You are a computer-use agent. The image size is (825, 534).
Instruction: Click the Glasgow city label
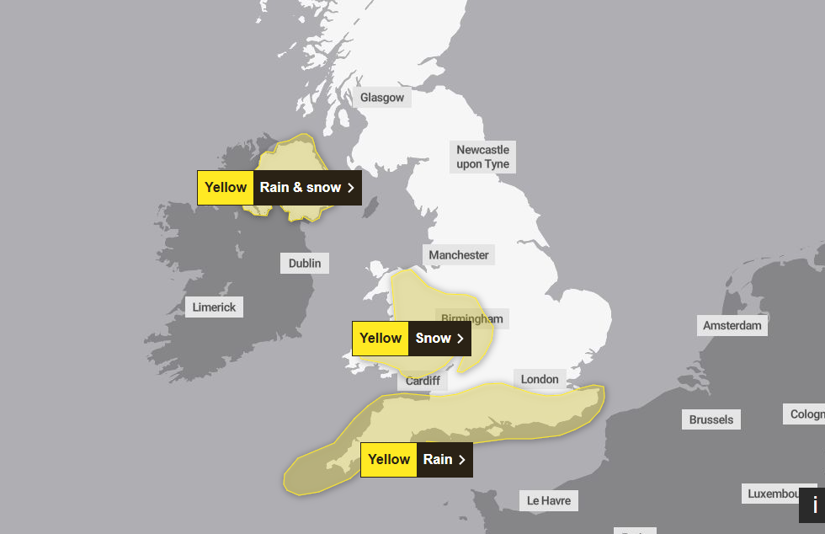click(x=382, y=98)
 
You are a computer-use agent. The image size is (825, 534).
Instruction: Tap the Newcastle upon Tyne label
click(x=483, y=157)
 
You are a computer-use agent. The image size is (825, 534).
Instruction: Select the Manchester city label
click(x=459, y=254)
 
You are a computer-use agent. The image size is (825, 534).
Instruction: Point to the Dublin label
click(x=305, y=264)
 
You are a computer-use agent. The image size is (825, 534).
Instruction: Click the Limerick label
click(x=214, y=307)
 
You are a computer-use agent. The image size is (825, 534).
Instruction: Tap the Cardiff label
click(x=423, y=381)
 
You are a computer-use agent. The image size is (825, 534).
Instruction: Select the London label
click(x=540, y=379)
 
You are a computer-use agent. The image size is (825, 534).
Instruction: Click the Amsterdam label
click(x=732, y=325)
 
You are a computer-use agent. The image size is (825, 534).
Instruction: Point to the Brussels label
click(x=711, y=419)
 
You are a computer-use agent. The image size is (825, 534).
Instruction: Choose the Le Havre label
click(x=549, y=500)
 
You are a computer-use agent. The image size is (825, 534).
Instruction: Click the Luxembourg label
click(x=780, y=493)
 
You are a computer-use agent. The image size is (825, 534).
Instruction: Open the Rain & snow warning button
click(x=306, y=187)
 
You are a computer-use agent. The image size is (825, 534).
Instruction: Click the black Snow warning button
click(x=439, y=338)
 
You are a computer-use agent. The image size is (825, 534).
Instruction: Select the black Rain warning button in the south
click(x=444, y=459)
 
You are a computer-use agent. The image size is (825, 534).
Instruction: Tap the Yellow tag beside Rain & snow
click(x=226, y=187)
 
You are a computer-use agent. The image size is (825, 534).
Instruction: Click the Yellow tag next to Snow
click(x=381, y=338)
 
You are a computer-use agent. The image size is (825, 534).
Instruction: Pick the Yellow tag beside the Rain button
click(x=389, y=459)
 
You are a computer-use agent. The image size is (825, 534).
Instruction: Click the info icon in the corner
click(x=813, y=505)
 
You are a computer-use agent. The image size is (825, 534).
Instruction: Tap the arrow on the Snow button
click(x=460, y=338)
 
